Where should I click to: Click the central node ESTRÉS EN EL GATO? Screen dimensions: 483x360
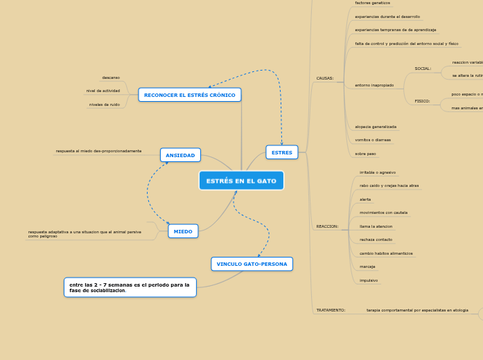click(241, 181)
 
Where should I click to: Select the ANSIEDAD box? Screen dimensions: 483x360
click(180, 155)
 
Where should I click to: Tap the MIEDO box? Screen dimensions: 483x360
click(183, 231)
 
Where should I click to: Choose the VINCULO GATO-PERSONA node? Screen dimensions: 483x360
click(252, 264)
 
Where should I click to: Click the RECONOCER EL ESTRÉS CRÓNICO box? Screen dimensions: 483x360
click(189, 95)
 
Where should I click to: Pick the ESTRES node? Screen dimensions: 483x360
click(281, 152)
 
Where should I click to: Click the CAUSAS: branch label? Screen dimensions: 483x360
click(324, 78)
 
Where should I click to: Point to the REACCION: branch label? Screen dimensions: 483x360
click(327, 226)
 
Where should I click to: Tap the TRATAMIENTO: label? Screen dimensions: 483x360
click(331, 310)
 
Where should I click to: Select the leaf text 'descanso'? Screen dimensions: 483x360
click(111, 78)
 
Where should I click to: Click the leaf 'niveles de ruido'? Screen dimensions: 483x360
click(104, 105)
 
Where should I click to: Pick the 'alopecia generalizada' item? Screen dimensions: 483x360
click(376, 127)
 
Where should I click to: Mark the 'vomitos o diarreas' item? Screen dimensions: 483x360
click(373, 140)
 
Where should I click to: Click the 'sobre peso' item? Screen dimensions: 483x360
click(365, 154)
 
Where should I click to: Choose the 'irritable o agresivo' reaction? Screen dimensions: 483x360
click(378, 172)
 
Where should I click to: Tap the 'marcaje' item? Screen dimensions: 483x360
click(367, 267)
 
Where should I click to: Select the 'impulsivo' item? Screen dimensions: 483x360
click(369, 280)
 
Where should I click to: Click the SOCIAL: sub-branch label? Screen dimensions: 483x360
click(423, 69)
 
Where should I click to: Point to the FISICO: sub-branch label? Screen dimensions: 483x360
click(422, 101)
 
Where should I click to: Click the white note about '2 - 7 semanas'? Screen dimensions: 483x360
click(130, 287)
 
